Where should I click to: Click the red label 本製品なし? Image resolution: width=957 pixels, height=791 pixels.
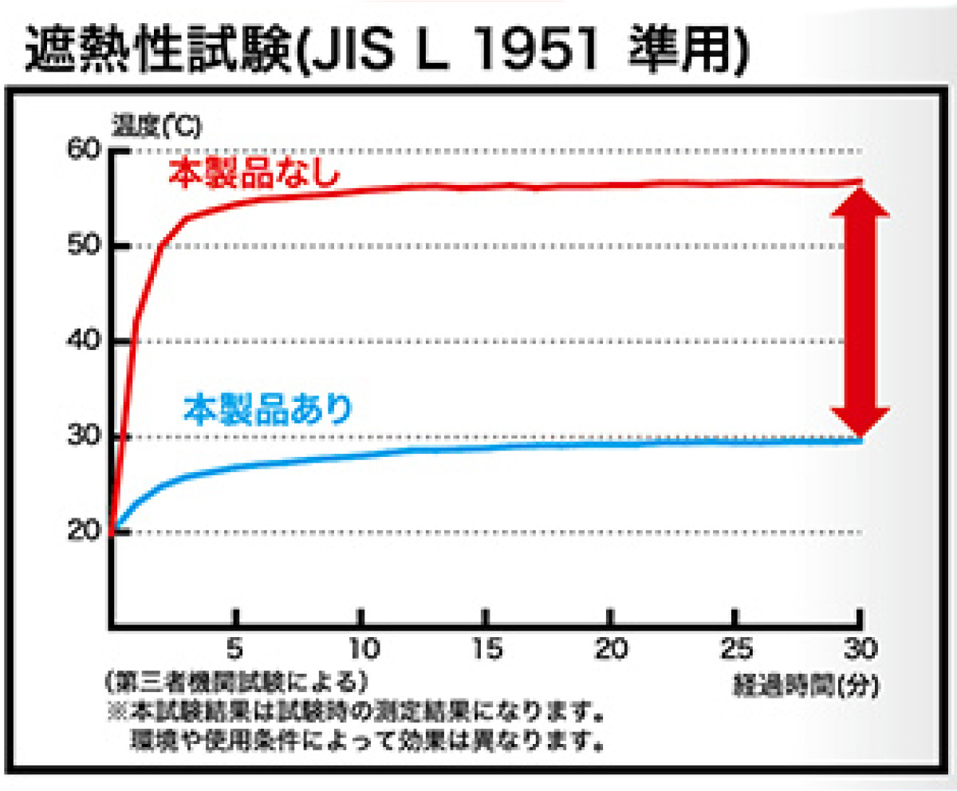pyautogui.click(x=254, y=175)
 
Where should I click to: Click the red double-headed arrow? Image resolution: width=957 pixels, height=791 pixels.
pyautogui.click(x=859, y=311)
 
